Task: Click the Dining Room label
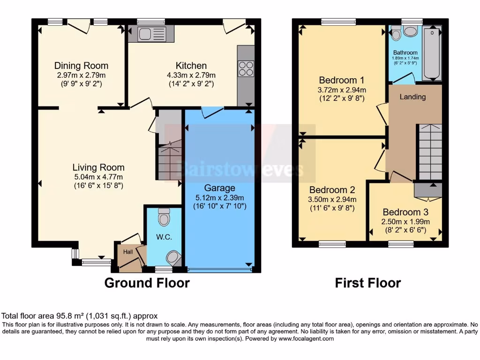point(81,66)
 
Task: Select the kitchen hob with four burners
point(246,69)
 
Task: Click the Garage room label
point(219,188)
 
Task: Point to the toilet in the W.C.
point(164,217)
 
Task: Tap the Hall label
point(128,252)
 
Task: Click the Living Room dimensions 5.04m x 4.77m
point(98,177)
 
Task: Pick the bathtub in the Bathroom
point(432,53)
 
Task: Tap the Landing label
point(412,97)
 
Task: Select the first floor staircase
point(429,152)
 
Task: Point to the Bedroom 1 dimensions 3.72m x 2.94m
point(342,90)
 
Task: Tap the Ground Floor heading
point(147,283)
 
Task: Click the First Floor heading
point(367,283)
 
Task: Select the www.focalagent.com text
point(307,338)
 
